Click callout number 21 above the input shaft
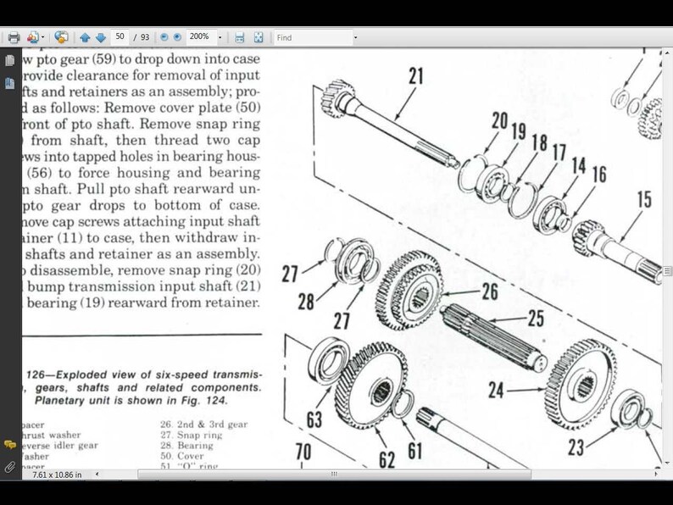[x=415, y=75]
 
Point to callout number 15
[x=643, y=199]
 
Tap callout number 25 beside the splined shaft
[x=535, y=319]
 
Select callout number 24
[x=496, y=391]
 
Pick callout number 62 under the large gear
[x=387, y=460]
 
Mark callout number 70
[x=303, y=452]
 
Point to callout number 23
[x=576, y=447]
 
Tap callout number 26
[x=489, y=292]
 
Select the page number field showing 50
[x=120, y=37]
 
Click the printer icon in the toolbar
[x=14, y=37]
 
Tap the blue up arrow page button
[x=85, y=37]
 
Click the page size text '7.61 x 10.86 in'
[x=57, y=474]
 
